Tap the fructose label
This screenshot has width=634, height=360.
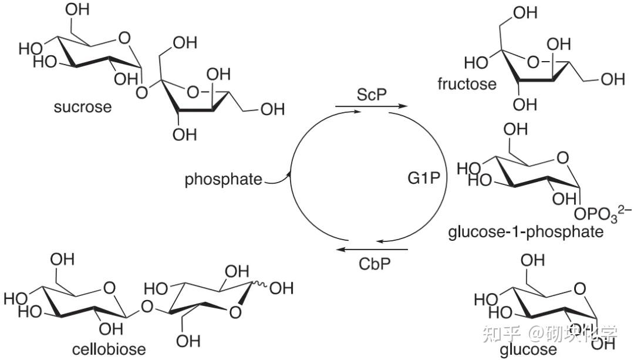coord(467,83)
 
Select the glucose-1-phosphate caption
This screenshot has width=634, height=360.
coord(525,231)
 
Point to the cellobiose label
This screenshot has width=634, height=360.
coord(109,350)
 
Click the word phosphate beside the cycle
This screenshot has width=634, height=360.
coord(224,180)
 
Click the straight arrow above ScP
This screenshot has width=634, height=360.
coord(370,106)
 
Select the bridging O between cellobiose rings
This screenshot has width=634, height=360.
coord(147,307)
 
